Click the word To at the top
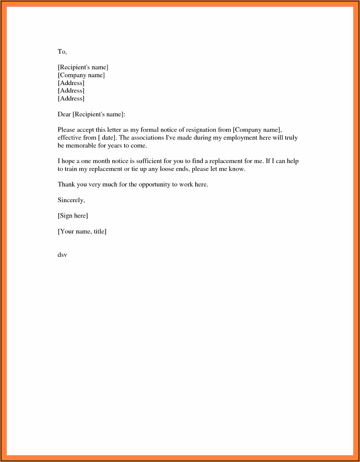(x=62, y=52)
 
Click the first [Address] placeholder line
(x=71, y=83)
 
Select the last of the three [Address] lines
(x=71, y=99)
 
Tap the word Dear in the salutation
(x=64, y=114)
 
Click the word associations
(x=147, y=138)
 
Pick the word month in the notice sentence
(x=101, y=161)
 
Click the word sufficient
(x=149, y=161)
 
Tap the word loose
(x=167, y=169)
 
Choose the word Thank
(x=66, y=184)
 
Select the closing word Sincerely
(x=71, y=200)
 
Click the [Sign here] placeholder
(x=73, y=216)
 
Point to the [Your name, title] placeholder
(x=82, y=231)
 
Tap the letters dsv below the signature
(x=62, y=255)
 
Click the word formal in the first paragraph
(x=149, y=130)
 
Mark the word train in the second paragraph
(x=71, y=169)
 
